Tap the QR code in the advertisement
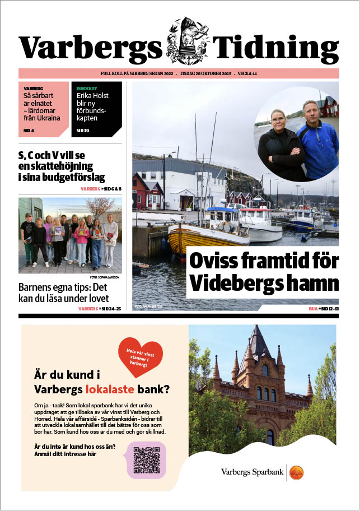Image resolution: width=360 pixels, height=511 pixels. [147, 459]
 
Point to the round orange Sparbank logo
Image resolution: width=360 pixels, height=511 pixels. [296, 472]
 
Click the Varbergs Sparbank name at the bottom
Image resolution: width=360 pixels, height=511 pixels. [253, 472]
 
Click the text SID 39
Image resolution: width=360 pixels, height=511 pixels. [82, 130]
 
